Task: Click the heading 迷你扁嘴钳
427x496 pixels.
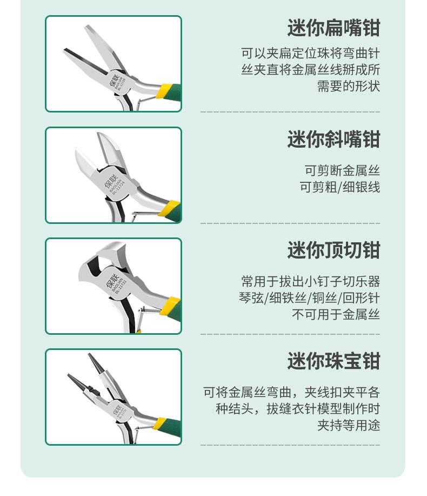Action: click(x=333, y=28)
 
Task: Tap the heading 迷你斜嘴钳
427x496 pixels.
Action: click(x=333, y=139)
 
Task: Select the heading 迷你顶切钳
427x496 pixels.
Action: click(x=333, y=250)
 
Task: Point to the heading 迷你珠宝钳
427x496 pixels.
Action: click(x=333, y=361)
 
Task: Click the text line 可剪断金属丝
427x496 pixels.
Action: click(x=342, y=170)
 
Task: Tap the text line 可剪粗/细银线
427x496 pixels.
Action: click(x=340, y=187)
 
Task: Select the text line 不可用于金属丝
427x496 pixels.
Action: click(x=336, y=314)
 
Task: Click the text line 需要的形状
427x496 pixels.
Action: click(x=348, y=86)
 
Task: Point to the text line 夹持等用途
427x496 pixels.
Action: click(x=348, y=425)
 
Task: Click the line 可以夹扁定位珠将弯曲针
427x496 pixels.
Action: click(x=310, y=53)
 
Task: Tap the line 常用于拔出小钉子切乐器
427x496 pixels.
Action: click(x=310, y=281)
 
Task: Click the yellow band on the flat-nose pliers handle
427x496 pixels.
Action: click(x=165, y=91)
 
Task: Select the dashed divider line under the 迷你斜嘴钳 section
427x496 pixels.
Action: click(x=290, y=223)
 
